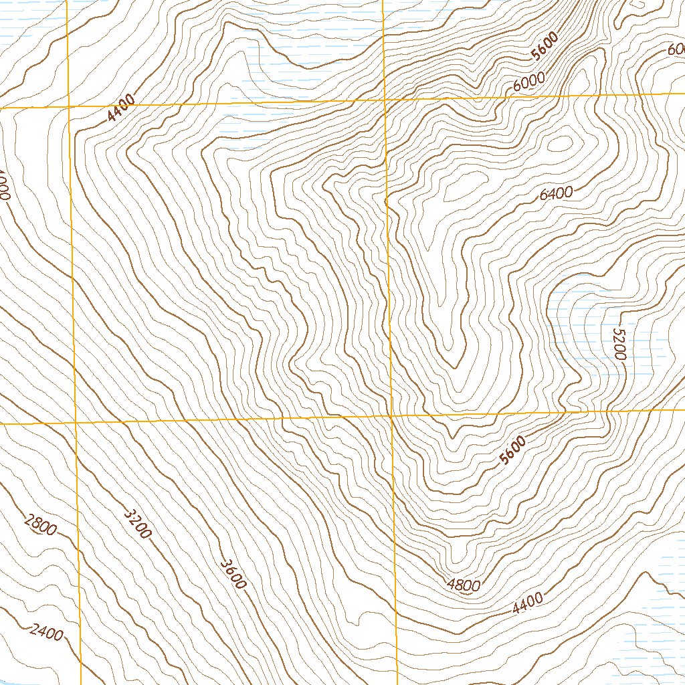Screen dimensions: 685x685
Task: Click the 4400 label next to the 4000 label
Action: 121,108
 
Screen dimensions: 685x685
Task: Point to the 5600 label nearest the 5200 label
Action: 513,450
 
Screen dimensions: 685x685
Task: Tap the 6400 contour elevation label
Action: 556,194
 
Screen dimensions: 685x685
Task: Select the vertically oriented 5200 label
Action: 617,344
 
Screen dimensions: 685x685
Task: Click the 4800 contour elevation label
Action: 464,585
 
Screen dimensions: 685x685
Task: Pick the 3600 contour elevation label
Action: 233,573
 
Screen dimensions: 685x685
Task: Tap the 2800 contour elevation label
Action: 39,526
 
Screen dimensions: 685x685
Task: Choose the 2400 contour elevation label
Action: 46,632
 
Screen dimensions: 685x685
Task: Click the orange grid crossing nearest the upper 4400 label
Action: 70,106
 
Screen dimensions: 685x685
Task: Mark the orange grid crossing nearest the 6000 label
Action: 385,100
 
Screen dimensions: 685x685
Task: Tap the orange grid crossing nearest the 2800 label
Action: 76,423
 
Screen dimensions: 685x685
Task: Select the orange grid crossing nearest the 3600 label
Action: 391,416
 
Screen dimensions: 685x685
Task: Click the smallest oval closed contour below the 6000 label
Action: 561,142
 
